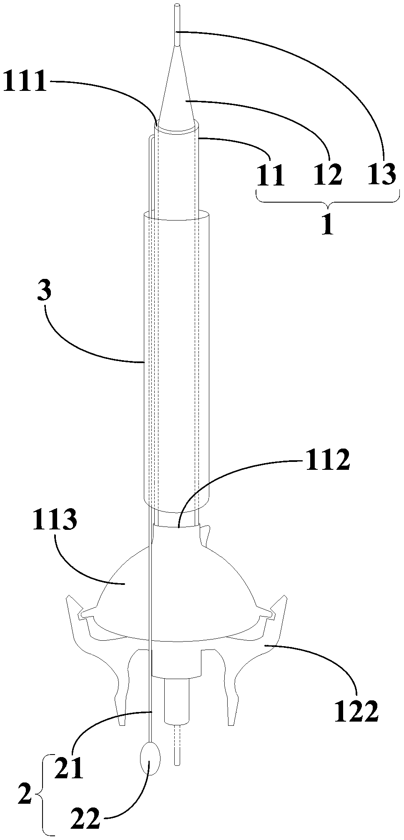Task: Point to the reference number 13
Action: pos(381,175)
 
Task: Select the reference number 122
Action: pos(358,710)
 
